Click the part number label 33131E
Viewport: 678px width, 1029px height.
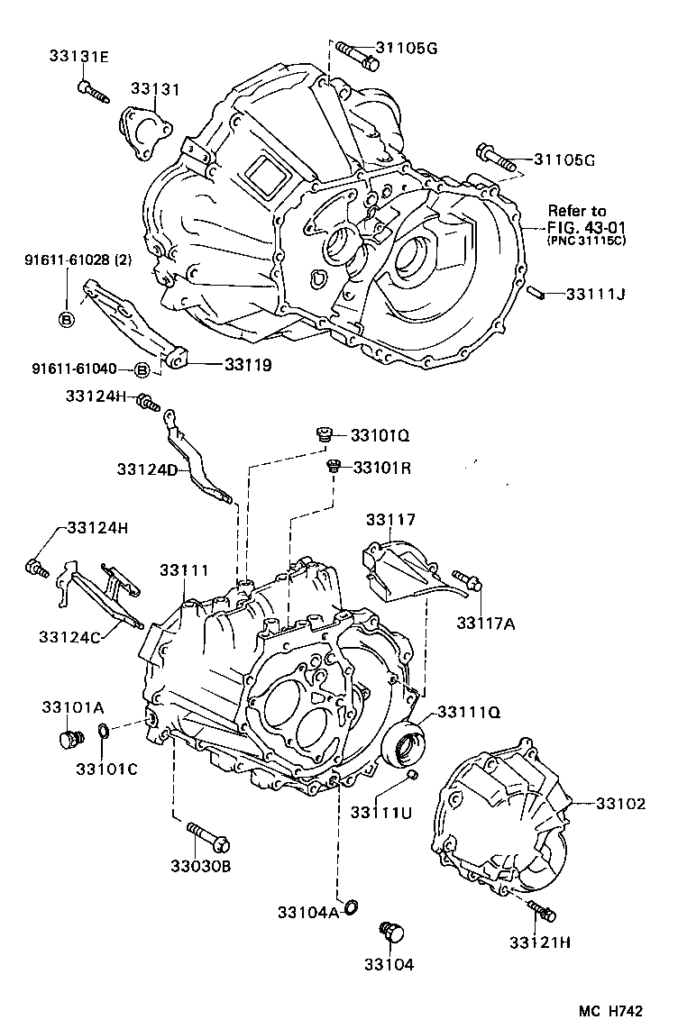tap(78, 57)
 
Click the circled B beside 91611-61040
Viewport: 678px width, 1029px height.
tap(142, 369)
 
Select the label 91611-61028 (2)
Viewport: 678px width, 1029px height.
tap(78, 260)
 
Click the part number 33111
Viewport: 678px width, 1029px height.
tap(184, 570)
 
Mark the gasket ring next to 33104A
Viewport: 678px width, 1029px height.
tap(351, 905)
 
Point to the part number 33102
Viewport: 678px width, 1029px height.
tap(620, 804)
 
